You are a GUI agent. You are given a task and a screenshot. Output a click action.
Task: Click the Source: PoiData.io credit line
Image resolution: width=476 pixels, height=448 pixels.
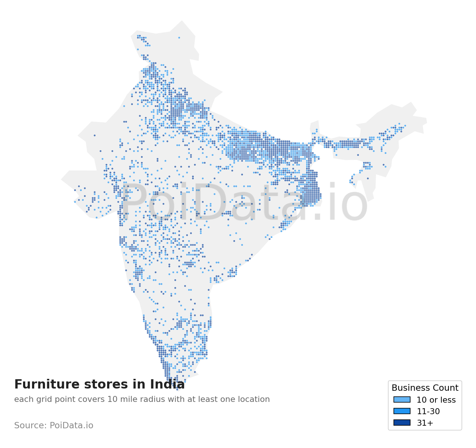coord(54,425)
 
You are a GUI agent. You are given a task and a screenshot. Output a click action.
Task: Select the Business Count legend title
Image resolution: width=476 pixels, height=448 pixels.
coord(425,388)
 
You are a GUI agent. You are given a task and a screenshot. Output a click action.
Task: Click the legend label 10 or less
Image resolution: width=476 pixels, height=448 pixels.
coord(436,400)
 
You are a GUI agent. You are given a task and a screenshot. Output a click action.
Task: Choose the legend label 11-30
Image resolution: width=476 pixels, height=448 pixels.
coord(428,412)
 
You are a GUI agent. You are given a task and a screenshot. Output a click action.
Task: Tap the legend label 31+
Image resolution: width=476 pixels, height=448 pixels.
coord(425,423)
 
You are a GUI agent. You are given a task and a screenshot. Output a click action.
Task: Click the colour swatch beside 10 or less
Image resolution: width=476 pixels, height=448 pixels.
coord(402,400)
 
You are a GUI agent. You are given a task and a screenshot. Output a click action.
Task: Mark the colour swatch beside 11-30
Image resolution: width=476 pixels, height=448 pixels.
coord(402,411)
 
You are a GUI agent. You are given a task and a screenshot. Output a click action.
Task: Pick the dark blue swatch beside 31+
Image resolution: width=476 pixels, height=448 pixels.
coord(402,423)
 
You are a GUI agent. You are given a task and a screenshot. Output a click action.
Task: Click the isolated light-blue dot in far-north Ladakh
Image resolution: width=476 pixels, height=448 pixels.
coord(179,38)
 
